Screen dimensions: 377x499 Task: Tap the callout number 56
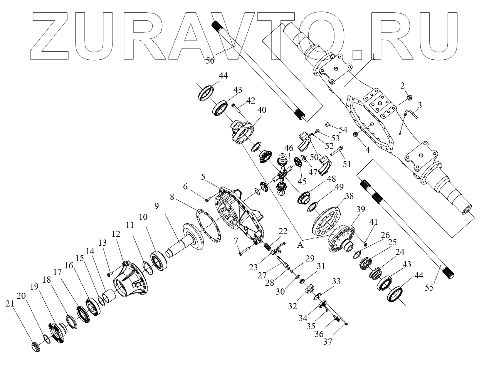210,60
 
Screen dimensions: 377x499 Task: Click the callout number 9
156,206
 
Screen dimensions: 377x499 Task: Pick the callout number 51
347,164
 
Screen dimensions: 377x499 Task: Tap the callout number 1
373,56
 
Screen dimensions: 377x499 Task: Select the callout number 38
349,196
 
